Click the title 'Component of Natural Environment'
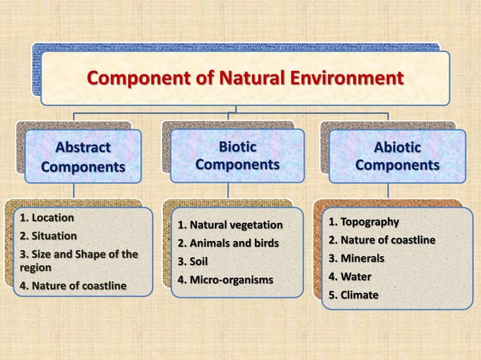point(245,78)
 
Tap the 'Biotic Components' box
point(237,154)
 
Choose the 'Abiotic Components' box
point(397,156)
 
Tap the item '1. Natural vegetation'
point(230,225)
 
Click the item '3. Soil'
point(192,262)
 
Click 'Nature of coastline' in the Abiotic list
point(381,240)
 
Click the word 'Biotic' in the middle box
point(237,145)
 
